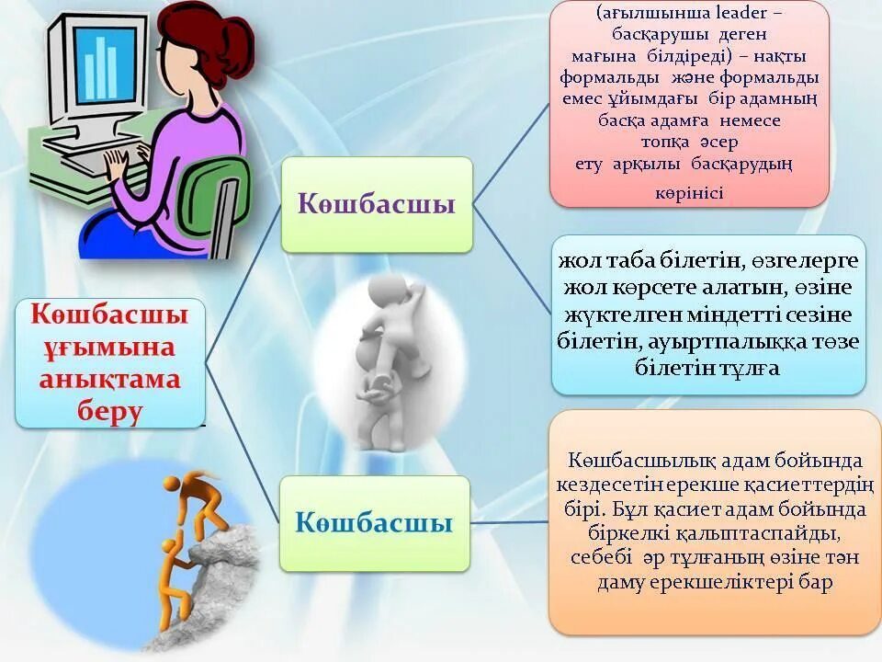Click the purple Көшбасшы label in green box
[x=376, y=204]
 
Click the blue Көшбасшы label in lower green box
[x=374, y=523]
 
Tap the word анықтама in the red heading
[x=109, y=379]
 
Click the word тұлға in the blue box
[x=745, y=368]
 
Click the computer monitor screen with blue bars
[x=103, y=66]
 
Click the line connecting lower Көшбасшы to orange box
[x=510, y=522]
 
